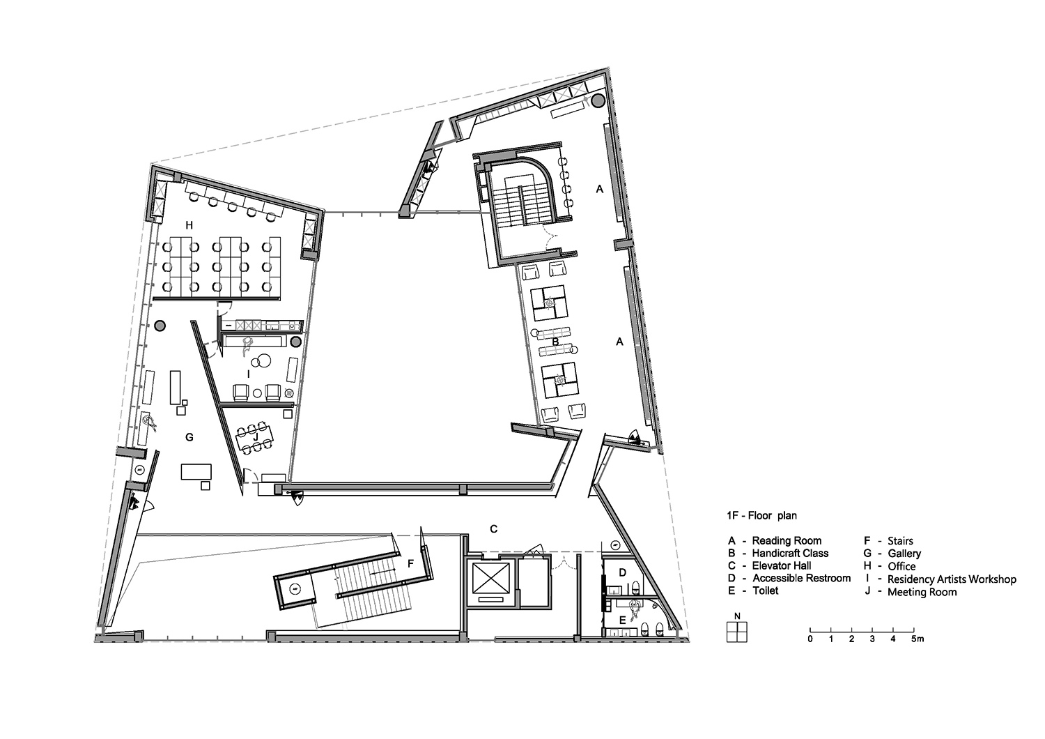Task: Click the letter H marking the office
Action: (189, 226)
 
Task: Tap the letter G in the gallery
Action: (189, 437)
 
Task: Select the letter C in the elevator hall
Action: (493, 529)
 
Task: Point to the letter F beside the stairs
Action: (410, 564)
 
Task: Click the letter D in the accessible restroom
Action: (622, 572)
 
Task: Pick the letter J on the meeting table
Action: (255, 437)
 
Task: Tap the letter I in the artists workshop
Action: (249, 374)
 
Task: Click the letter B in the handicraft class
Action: (555, 342)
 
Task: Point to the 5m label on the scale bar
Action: (918, 639)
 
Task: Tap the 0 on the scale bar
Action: (810, 639)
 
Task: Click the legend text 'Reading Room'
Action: (787, 540)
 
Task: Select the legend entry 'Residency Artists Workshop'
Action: (952, 579)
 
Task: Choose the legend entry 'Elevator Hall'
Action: (782, 566)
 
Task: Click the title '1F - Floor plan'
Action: (761, 515)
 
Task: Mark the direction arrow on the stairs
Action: (383, 570)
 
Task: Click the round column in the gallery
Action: (160, 326)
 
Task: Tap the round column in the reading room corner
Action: (598, 100)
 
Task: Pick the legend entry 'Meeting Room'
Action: (922, 592)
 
